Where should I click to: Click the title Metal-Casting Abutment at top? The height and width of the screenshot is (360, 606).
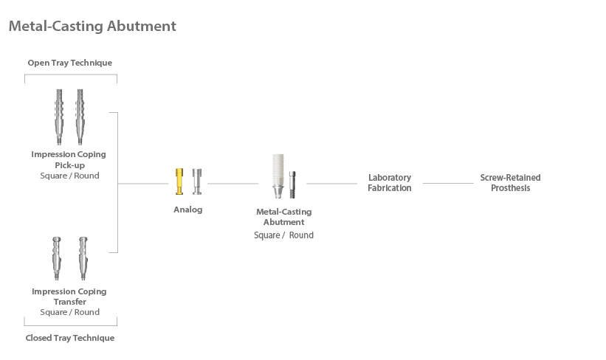pos(92,27)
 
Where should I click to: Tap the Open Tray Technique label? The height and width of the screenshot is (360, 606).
pos(70,63)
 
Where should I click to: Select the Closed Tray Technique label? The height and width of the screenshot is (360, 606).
pos(70,338)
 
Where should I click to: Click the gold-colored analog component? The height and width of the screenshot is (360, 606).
pos(179,181)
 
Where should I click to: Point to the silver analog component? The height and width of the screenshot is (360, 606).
pos(197,181)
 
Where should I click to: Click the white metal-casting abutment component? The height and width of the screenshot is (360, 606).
pos(278,177)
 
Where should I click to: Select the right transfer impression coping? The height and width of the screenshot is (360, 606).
pos(83,258)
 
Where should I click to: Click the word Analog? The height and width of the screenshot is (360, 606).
pos(187,210)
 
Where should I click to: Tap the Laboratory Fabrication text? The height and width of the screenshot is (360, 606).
pos(390,183)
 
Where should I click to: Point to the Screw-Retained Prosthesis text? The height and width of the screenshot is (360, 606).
pos(510,183)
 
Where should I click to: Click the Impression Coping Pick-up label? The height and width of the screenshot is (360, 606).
pos(69,159)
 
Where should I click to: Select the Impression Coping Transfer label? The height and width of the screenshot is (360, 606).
pos(69,297)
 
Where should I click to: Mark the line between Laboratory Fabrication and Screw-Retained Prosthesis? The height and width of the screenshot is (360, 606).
pos(447,183)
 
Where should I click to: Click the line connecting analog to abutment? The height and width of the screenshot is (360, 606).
pos(233,183)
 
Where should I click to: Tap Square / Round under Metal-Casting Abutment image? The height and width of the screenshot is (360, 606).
pos(283,235)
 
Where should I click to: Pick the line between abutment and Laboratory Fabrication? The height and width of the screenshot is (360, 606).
pos(331,183)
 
